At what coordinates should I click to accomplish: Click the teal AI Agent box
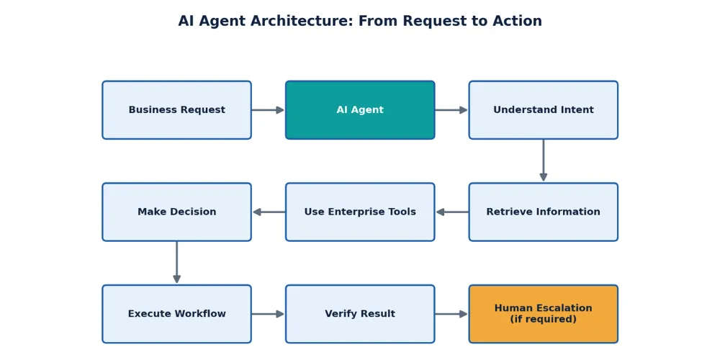click(x=360, y=110)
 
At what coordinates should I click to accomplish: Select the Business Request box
click(x=177, y=110)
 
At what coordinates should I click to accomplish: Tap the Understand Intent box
click(x=543, y=110)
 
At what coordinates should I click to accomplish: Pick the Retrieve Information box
click(x=543, y=212)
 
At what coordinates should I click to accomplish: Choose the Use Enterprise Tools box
click(x=360, y=212)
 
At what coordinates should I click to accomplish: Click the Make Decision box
click(x=177, y=212)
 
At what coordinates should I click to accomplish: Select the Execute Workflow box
click(x=177, y=314)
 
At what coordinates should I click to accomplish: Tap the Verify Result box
click(x=360, y=314)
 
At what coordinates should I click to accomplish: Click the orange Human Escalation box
click(x=543, y=314)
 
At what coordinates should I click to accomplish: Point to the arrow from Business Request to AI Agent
click(x=268, y=110)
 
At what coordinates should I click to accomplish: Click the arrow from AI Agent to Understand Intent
click(x=451, y=110)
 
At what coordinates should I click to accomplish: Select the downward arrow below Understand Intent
click(x=543, y=161)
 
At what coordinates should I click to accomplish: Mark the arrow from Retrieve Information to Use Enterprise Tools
click(x=452, y=212)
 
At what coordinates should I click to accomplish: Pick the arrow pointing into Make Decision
click(x=269, y=212)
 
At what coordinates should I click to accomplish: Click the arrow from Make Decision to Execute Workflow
click(x=177, y=263)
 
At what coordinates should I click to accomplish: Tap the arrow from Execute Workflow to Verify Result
click(x=268, y=314)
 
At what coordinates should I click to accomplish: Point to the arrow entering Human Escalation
click(x=451, y=314)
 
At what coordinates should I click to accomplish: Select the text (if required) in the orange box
click(x=543, y=319)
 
